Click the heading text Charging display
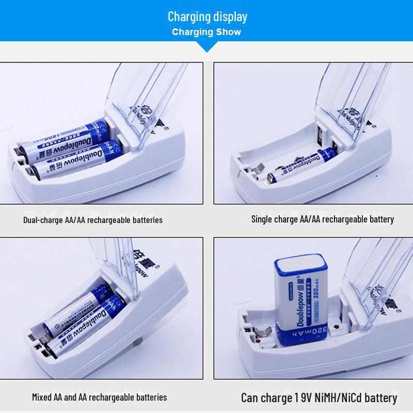[x=207, y=16]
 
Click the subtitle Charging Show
[x=206, y=32]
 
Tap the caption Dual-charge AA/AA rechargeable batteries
[x=93, y=220]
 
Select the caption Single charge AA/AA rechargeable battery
[x=322, y=219]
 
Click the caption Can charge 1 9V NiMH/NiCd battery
[x=319, y=398]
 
